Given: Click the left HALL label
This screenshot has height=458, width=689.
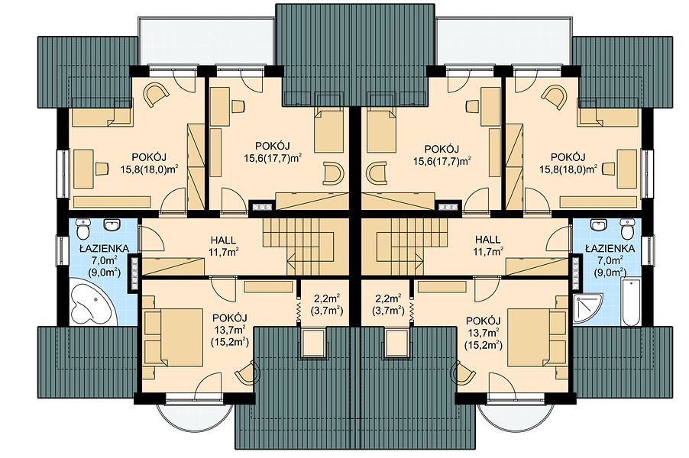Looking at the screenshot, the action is click(223, 240).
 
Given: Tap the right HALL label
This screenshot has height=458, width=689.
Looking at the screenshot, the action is click(488, 240).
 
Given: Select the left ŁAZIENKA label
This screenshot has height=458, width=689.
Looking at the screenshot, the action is click(104, 249).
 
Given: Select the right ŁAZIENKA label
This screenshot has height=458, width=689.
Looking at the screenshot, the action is click(610, 249).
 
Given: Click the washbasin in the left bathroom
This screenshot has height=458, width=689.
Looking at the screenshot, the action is click(113, 225).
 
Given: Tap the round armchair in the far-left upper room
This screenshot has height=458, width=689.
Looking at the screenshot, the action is click(157, 95).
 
